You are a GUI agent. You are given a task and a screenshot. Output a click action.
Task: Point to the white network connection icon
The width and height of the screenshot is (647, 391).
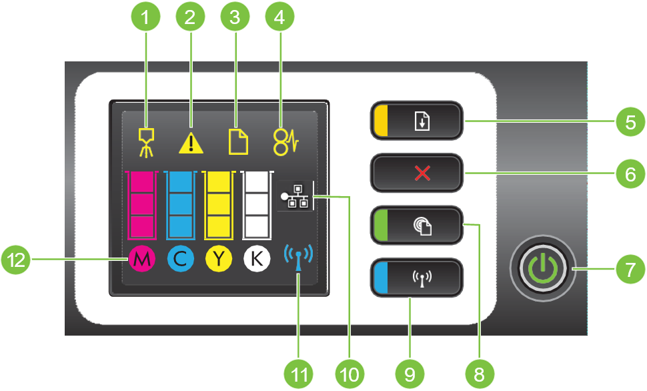pyautogui.click(x=295, y=197)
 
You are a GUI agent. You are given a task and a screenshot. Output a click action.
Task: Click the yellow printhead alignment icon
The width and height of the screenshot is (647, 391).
pyautogui.click(x=145, y=141)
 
